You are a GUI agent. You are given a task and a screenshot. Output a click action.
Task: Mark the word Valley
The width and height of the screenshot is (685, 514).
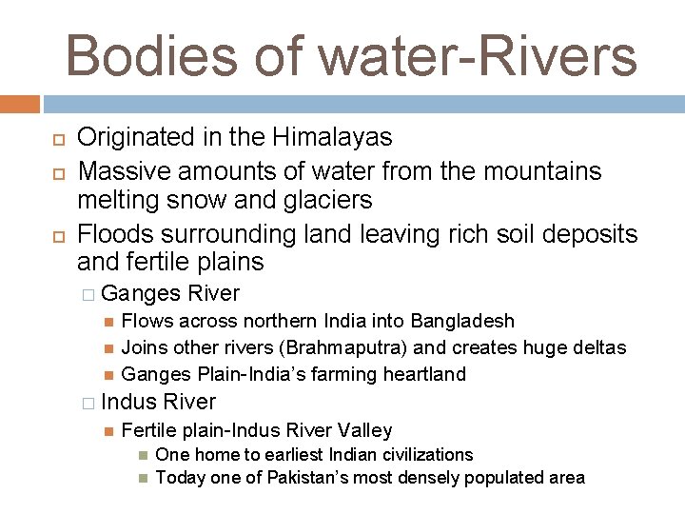tap(364, 430)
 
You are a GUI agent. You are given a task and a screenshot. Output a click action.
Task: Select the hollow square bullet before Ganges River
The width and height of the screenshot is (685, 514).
tap(88, 294)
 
